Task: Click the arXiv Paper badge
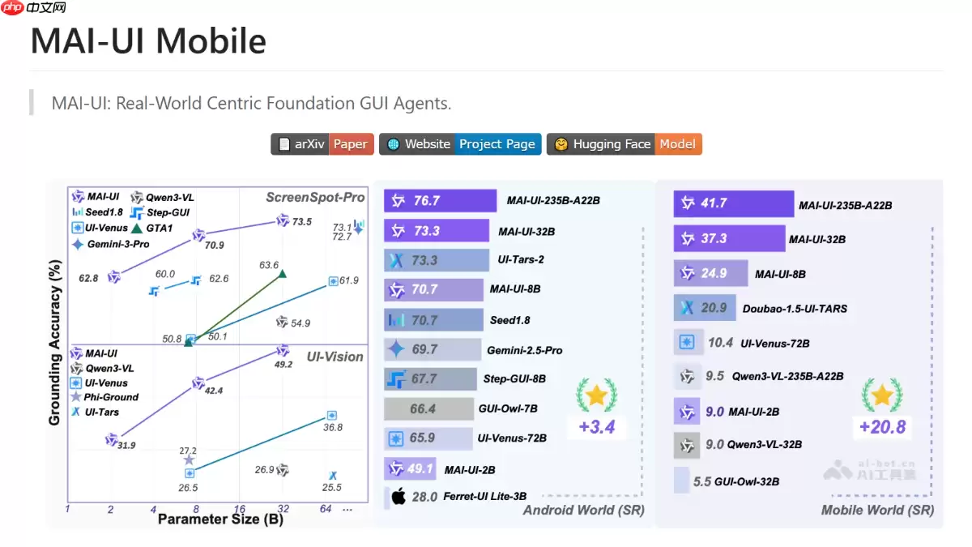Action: point(322,144)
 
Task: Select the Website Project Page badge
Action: point(460,144)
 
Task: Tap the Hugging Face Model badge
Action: point(625,144)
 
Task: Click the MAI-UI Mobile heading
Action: point(148,41)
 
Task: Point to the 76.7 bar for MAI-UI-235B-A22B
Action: point(441,201)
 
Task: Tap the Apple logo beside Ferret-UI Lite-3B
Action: point(398,497)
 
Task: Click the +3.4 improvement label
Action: point(595,426)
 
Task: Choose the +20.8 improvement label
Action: point(882,426)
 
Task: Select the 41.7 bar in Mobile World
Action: point(733,204)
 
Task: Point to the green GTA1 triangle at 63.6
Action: point(282,274)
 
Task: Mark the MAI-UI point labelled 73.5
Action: point(283,220)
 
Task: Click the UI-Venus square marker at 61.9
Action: point(333,281)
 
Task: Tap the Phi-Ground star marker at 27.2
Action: point(189,460)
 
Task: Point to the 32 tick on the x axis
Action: point(283,508)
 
